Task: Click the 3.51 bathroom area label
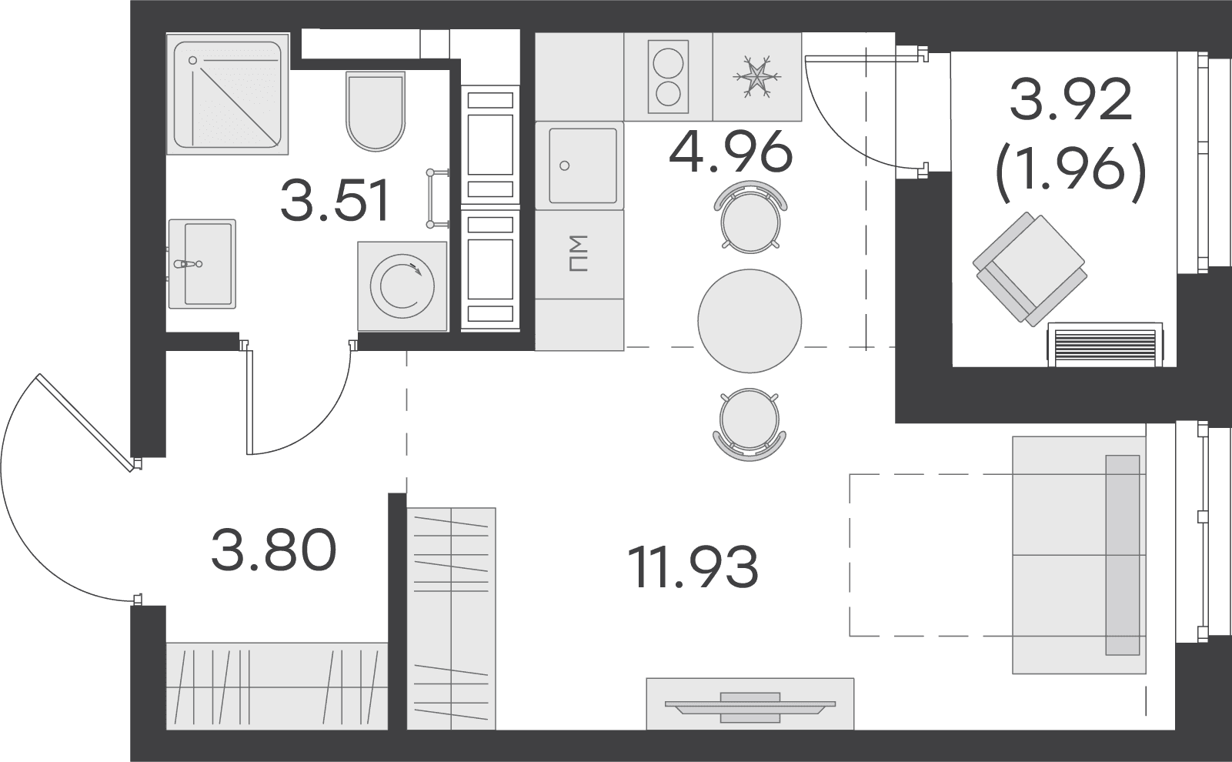[x=335, y=200]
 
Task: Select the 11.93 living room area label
[x=693, y=566]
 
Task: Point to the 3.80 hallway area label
[x=273, y=549]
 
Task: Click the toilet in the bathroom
[x=376, y=111]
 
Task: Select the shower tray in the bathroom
[x=227, y=94]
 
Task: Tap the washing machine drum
[x=402, y=286]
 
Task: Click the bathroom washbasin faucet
[x=188, y=264]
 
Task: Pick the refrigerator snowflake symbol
[x=756, y=76]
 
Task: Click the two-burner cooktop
[x=668, y=76]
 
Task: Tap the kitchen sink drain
[x=564, y=165]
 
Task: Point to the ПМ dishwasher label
[x=579, y=254]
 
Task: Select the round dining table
[x=750, y=321]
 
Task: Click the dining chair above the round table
[x=750, y=217]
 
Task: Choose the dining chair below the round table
[x=749, y=424]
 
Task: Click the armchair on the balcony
[x=1030, y=269]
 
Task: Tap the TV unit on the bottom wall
[x=750, y=704]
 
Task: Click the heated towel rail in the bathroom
[x=437, y=198]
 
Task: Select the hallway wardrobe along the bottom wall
[x=277, y=686]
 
